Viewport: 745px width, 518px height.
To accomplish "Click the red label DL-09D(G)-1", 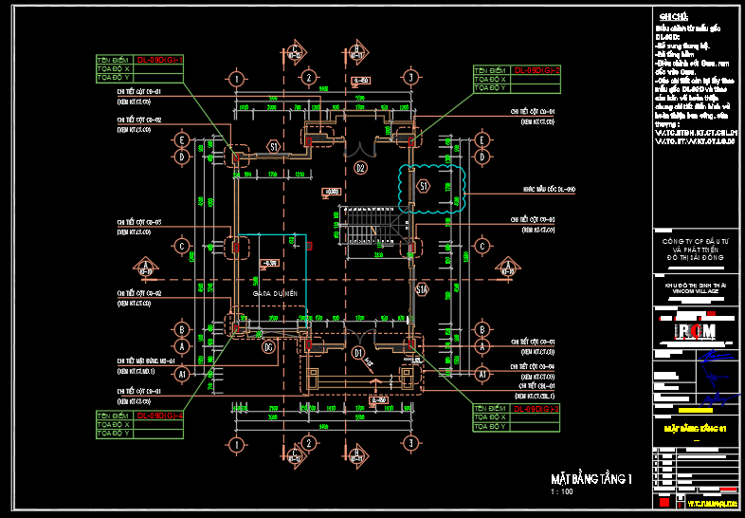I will pos(159,60).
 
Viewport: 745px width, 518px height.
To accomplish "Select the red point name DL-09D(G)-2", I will pos(537,70).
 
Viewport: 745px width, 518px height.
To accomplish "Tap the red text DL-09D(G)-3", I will pos(536,408).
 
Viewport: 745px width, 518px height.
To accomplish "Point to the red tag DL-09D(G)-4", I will pos(159,416).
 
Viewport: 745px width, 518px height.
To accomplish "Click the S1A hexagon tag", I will pos(423,290).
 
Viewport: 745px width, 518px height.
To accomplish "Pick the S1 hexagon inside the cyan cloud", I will pos(424,185).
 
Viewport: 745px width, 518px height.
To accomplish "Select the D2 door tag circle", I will pos(360,168).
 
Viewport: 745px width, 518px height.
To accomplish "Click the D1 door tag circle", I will pos(359,353).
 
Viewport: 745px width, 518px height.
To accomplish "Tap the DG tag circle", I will pos(269,347).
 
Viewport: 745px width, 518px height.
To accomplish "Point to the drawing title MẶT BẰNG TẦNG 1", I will pos(591,478).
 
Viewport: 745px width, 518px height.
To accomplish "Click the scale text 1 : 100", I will pos(561,492).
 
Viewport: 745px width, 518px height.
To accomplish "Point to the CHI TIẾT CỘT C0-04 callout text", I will pos(538,365).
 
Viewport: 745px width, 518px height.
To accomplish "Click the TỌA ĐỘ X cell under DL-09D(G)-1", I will pos(114,69).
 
